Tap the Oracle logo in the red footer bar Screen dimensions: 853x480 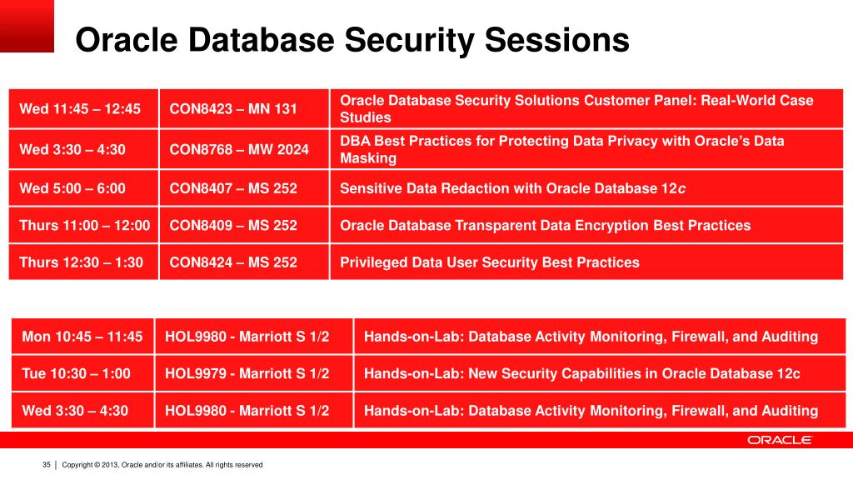pos(780,440)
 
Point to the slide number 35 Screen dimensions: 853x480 pos(47,465)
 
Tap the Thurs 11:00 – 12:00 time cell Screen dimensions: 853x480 pos(84,225)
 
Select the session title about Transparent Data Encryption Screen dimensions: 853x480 pos(545,225)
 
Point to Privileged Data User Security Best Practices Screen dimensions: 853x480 pos(490,262)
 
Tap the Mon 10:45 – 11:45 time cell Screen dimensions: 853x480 pos(82,337)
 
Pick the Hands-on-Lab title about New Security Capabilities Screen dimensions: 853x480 pos(582,373)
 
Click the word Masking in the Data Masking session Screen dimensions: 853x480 pos(368,158)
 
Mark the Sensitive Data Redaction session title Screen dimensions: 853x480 pos(512,188)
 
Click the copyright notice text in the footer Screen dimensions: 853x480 pos(162,465)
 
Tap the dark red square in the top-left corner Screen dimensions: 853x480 pos(27,26)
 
